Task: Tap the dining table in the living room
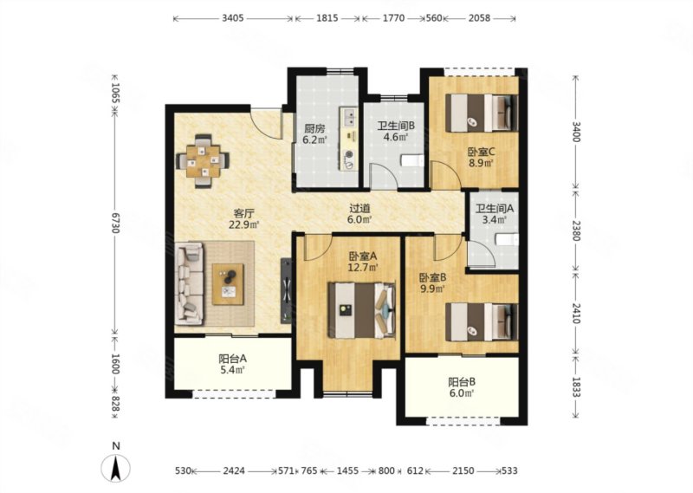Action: [203, 161]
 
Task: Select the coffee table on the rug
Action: [228, 284]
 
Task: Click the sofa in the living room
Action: [190, 284]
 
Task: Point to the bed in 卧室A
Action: [361, 311]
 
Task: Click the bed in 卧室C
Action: [482, 113]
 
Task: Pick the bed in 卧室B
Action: [482, 321]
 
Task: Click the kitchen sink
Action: [349, 117]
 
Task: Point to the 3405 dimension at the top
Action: [233, 18]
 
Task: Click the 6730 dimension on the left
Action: [115, 223]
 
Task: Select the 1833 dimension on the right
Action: [575, 388]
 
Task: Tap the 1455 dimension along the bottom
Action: [348, 470]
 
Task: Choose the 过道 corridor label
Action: [359, 208]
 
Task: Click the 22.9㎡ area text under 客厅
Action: [243, 224]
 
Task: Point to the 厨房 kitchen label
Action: [314, 129]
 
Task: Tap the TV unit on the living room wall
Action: [287, 291]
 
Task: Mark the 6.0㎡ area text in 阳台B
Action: [462, 392]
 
